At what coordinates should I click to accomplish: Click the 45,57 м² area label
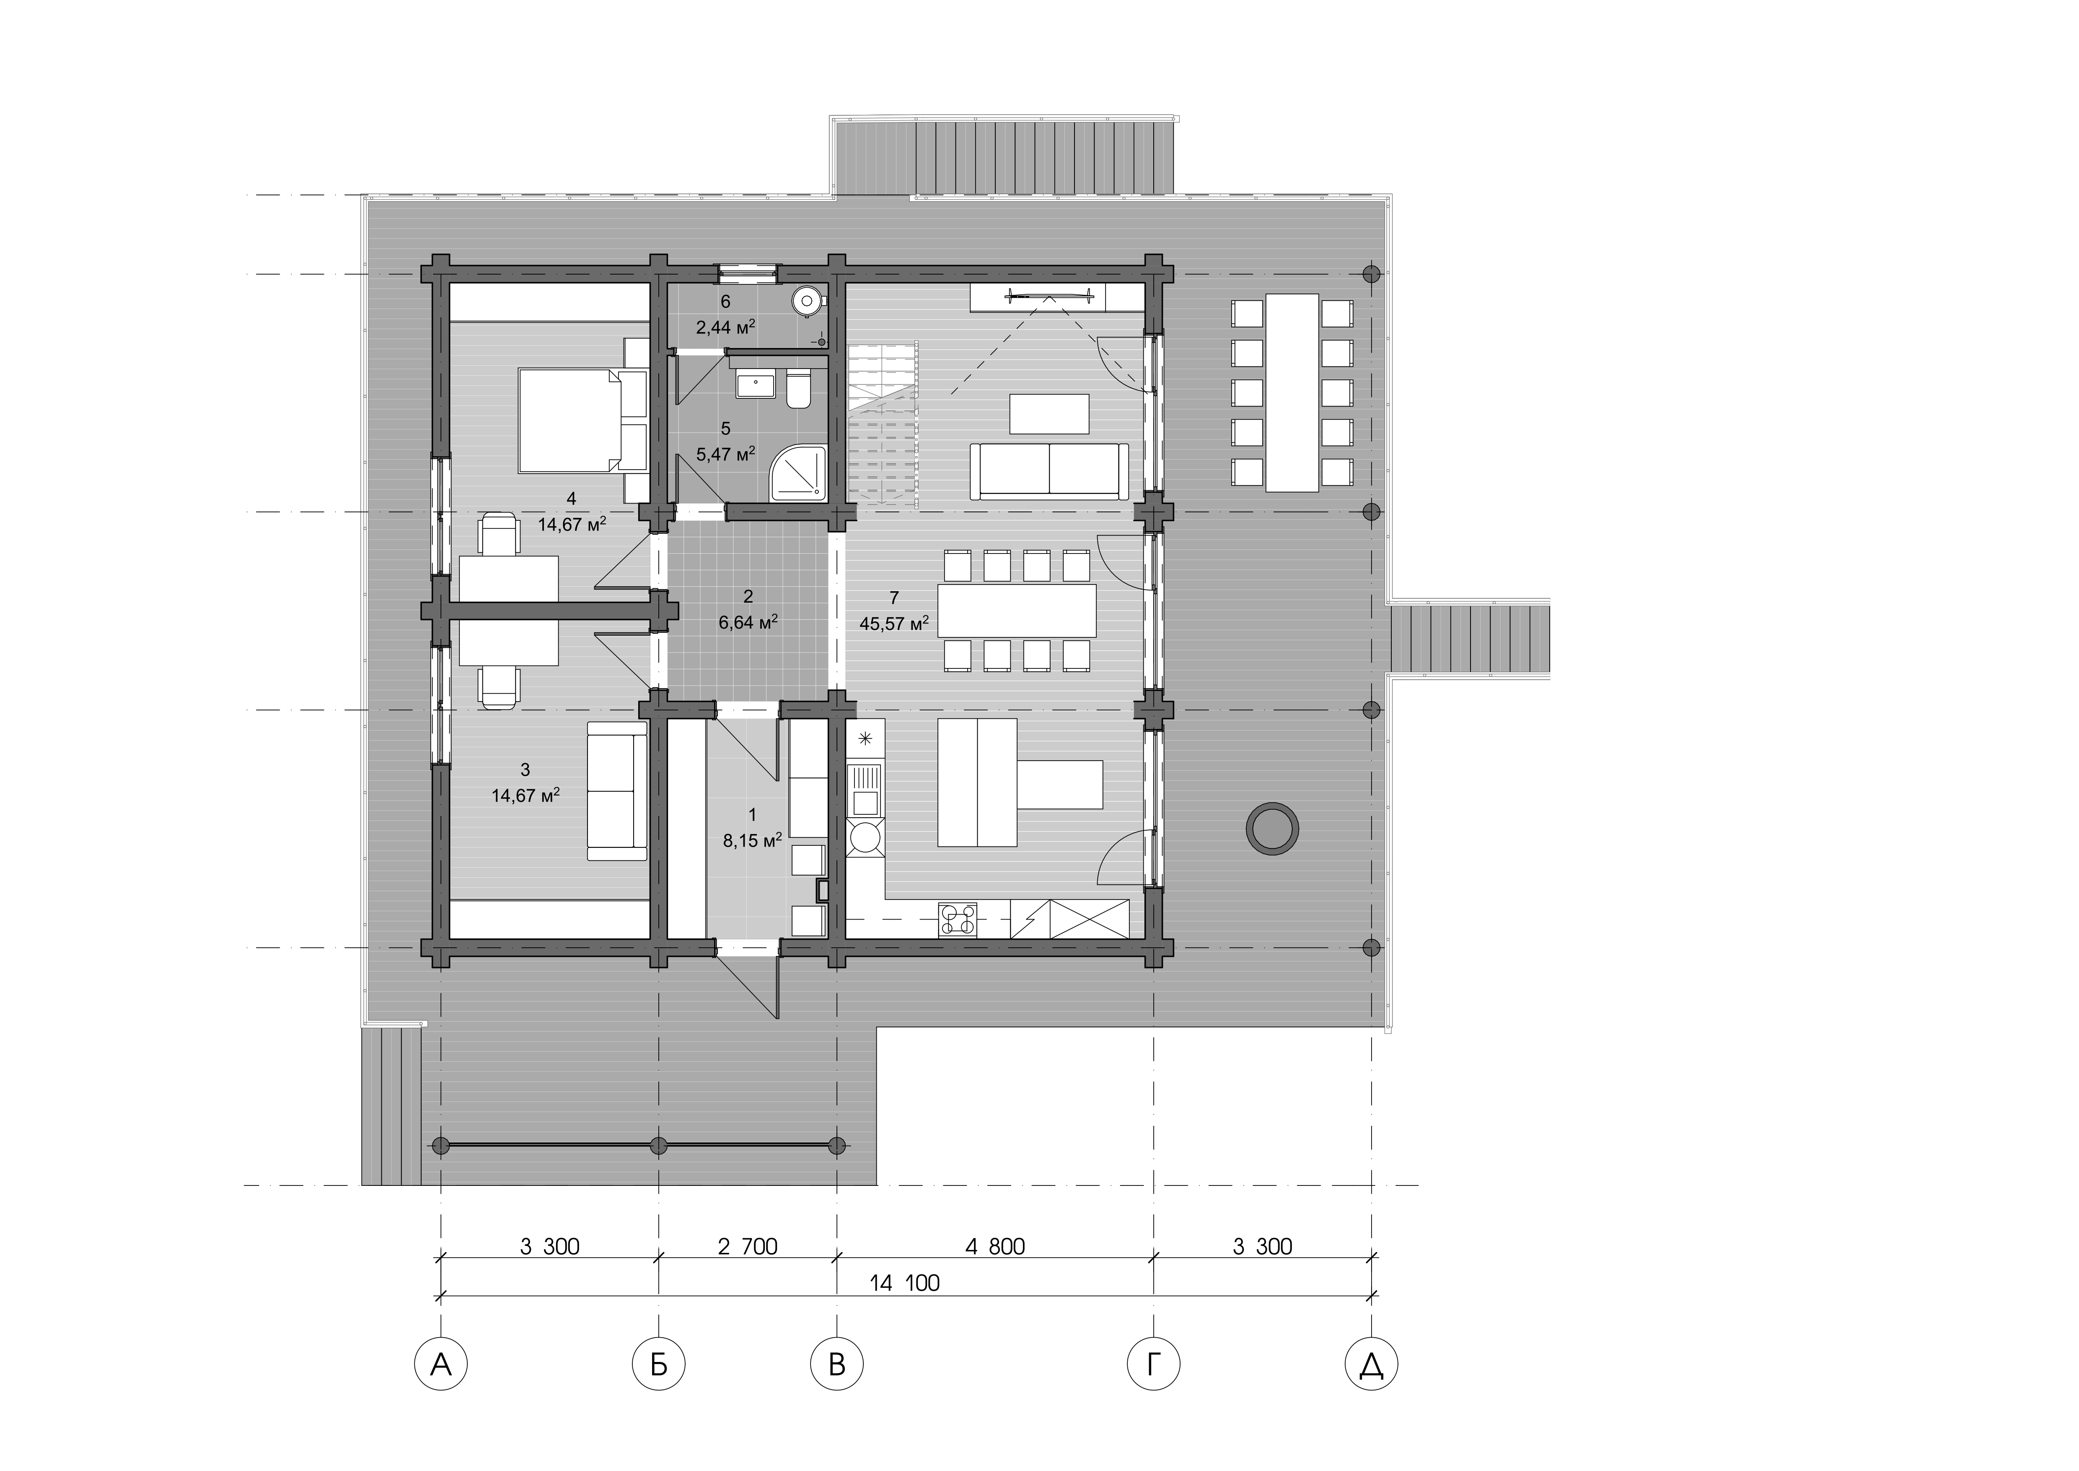click(895, 623)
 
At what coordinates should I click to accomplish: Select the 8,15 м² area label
click(751, 841)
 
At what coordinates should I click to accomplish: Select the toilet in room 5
click(798, 390)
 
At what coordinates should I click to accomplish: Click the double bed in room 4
click(581, 420)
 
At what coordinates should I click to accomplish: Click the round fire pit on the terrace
click(1272, 827)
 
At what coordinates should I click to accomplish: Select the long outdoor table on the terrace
click(1292, 392)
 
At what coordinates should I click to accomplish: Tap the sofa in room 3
click(616, 790)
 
